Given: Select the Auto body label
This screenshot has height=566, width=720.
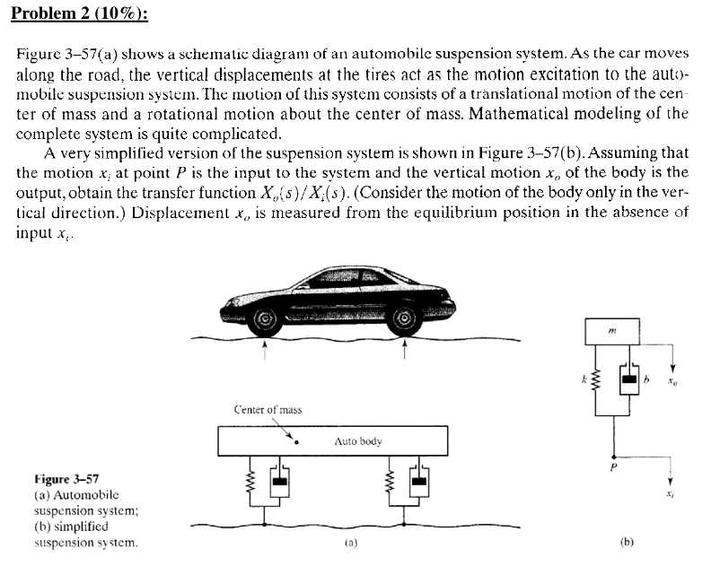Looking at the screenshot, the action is (x=357, y=441).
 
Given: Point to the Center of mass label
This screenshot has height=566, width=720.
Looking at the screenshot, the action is (x=268, y=410).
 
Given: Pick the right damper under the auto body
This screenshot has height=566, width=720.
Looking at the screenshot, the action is (x=417, y=485).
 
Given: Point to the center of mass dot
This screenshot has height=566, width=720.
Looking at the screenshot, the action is (x=296, y=440).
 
